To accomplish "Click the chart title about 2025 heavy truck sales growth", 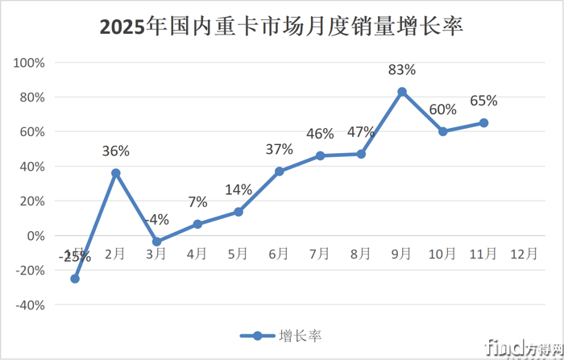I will click(x=281, y=27).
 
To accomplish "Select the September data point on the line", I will click(x=402, y=92).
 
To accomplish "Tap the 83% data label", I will click(x=402, y=71).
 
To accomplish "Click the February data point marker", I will click(x=116, y=173).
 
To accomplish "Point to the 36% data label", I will click(x=116, y=151).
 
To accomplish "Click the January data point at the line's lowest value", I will click(x=75, y=279).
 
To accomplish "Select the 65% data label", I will click(x=483, y=101).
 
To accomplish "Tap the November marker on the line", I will click(x=483, y=122).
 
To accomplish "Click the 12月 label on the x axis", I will click(x=525, y=254).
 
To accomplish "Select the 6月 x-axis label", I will click(x=280, y=254).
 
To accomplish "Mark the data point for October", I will click(x=443, y=131).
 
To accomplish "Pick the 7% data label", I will click(x=197, y=202).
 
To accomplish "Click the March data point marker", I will click(x=157, y=242).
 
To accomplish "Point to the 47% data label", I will click(x=361, y=133).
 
